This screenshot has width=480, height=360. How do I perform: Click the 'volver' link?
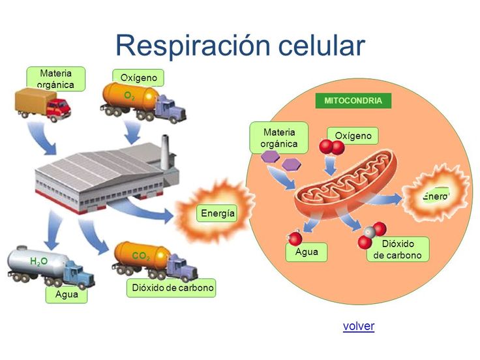(358, 326)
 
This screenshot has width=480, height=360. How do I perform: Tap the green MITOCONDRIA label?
(353, 101)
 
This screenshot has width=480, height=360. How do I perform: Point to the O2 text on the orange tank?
(129, 95)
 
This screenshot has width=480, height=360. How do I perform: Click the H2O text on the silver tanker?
(39, 261)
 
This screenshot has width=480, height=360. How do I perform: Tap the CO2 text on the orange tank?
(141, 257)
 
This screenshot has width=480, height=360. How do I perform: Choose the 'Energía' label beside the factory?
(218, 213)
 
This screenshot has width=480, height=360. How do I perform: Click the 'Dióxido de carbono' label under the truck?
(172, 288)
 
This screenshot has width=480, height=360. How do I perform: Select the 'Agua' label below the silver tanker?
(67, 294)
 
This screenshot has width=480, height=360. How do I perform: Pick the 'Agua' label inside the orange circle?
(307, 252)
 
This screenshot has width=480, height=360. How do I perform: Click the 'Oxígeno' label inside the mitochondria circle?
(353, 136)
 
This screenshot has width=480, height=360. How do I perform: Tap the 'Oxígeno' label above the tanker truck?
(138, 78)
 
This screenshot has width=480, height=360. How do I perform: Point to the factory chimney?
(165, 149)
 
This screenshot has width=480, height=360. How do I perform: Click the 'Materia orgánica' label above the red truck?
(55, 78)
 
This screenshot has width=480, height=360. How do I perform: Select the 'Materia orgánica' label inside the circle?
(279, 138)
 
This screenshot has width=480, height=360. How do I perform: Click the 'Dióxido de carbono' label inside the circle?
(398, 249)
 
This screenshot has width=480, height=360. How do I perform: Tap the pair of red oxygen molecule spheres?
(332, 148)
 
